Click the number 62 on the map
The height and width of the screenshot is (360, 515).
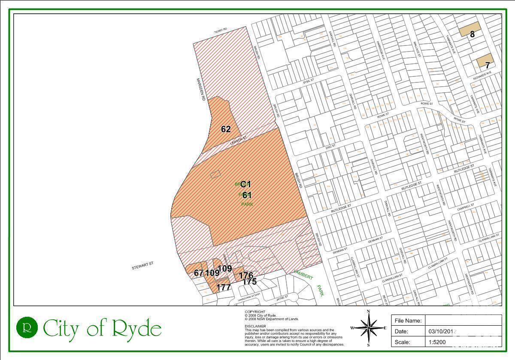click(226, 129)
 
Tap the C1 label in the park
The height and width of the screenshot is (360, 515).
click(245, 185)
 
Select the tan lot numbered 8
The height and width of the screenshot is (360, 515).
click(469, 31)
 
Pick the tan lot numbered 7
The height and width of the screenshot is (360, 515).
click(485, 61)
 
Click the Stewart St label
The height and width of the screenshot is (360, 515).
click(142, 266)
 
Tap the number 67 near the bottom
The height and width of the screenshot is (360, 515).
click(198, 273)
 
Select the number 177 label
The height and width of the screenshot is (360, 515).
click(224, 287)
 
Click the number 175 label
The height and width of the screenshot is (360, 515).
click(249, 282)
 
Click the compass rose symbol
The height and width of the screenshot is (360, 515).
click(368, 328)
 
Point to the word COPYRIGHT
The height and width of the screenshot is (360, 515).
click(255, 312)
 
